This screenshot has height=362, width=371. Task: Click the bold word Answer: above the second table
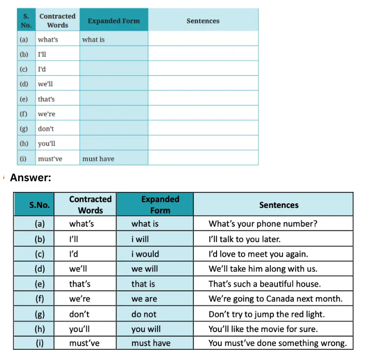[30, 178]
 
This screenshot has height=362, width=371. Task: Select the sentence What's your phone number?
[262, 223]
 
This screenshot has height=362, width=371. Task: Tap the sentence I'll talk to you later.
[244, 239]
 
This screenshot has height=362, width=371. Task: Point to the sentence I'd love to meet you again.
[258, 254]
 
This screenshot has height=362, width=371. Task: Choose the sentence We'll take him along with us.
[263, 269]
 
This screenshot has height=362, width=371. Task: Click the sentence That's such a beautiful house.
[264, 284]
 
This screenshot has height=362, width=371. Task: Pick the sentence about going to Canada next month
[276, 298]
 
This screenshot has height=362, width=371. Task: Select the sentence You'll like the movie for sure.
[263, 329]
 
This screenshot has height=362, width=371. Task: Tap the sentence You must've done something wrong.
[277, 343]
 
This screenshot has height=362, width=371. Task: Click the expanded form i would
[145, 254]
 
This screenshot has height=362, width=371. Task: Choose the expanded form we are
[144, 298]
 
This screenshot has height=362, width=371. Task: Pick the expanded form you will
[145, 329]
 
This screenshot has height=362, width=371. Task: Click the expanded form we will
[145, 269]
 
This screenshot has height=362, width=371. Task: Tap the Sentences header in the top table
[203, 21]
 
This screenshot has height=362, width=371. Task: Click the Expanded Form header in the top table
[114, 21]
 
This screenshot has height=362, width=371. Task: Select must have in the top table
[98, 159]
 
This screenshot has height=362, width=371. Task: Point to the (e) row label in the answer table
[40, 284]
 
